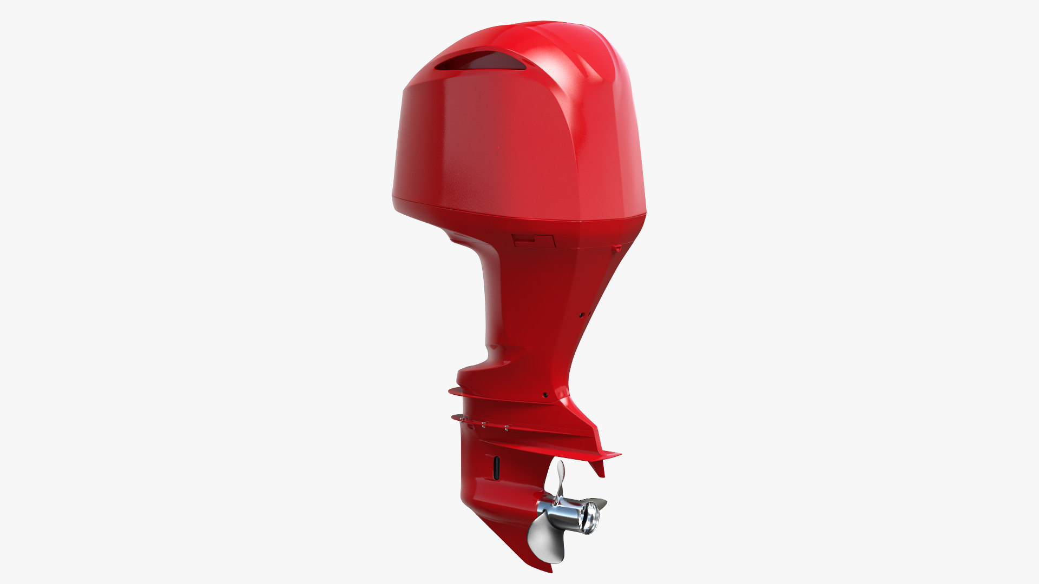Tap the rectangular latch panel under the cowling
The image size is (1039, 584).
point(534,241)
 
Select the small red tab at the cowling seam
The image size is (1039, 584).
point(617,249)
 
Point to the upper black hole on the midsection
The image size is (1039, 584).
point(582,314)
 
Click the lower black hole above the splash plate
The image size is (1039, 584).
point(545,395)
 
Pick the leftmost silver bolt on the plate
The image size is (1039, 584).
point(462,419)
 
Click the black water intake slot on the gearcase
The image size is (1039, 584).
point(495,466)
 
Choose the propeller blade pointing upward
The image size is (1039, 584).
point(560,479)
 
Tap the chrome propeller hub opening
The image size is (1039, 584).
point(589,516)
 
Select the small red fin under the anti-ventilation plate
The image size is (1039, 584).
point(600,468)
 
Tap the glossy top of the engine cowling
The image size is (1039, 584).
point(541,32)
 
